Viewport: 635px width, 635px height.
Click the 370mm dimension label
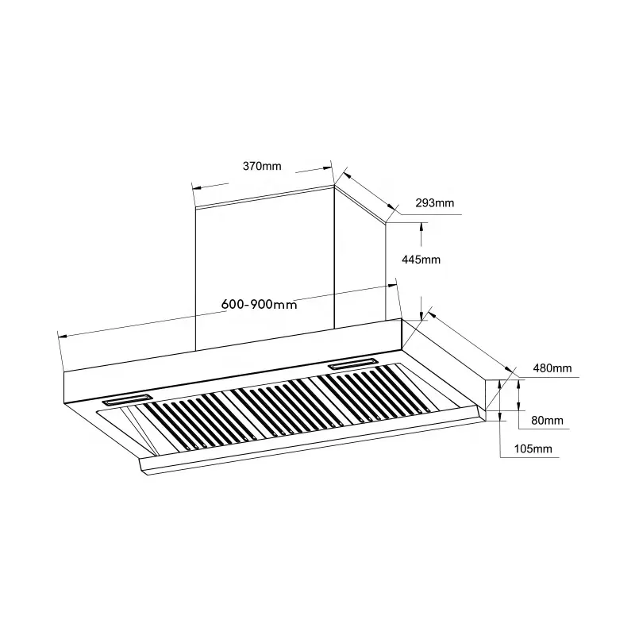click(x=262, y=166)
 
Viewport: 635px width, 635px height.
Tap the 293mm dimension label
click(x=435, y=203)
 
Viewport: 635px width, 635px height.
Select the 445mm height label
click(x=421, y=260)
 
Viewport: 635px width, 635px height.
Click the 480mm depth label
click(x=552, y=368)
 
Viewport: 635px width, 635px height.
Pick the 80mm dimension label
click(x=547, y=420)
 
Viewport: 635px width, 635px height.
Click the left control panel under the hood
click(x=125, y=399)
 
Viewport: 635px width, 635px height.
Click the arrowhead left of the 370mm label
click(x=198, y=187)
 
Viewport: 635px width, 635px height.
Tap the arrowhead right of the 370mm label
click(x=326, y=167)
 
